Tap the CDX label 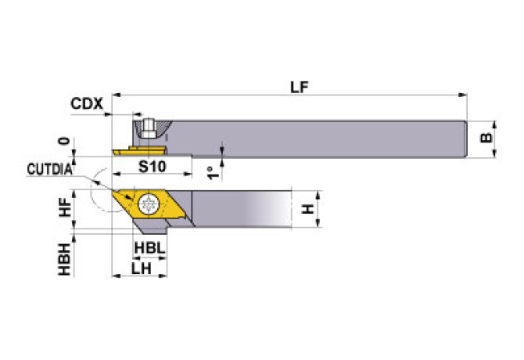86,103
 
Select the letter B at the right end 486,139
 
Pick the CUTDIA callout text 49,168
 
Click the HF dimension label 66,207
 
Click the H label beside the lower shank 308,208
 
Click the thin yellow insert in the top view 138,148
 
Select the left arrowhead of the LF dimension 116,95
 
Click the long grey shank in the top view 313,139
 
